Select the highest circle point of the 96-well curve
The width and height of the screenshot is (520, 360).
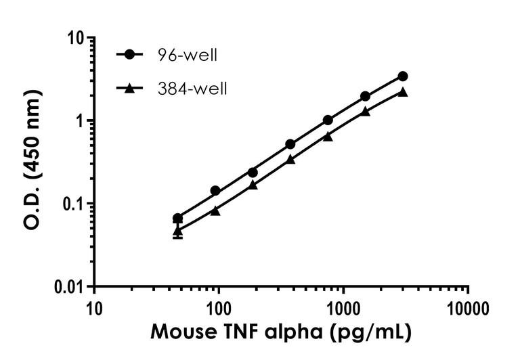point(403,76)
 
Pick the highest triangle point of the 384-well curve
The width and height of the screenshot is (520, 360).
point(403,92)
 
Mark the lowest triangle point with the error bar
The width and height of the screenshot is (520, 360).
point(177,231)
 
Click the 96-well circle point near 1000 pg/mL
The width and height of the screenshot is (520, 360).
point(328,120)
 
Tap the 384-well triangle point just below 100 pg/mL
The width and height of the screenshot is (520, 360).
point(215,210)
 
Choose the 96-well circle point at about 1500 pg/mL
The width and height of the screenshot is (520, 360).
point(365,96)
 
